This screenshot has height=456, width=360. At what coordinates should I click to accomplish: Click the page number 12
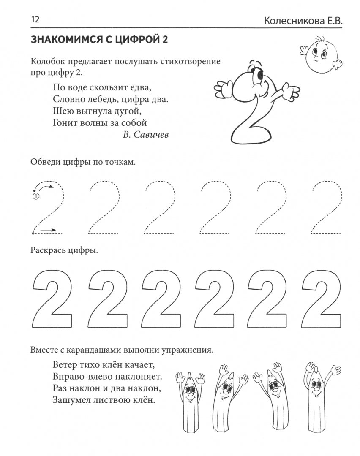click(35, 20)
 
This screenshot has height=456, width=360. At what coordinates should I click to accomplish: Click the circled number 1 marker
click(36, 196)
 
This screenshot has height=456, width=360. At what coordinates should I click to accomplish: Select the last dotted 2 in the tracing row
click(327, 208)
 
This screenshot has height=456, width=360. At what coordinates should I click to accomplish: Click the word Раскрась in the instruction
click(48, 251)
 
